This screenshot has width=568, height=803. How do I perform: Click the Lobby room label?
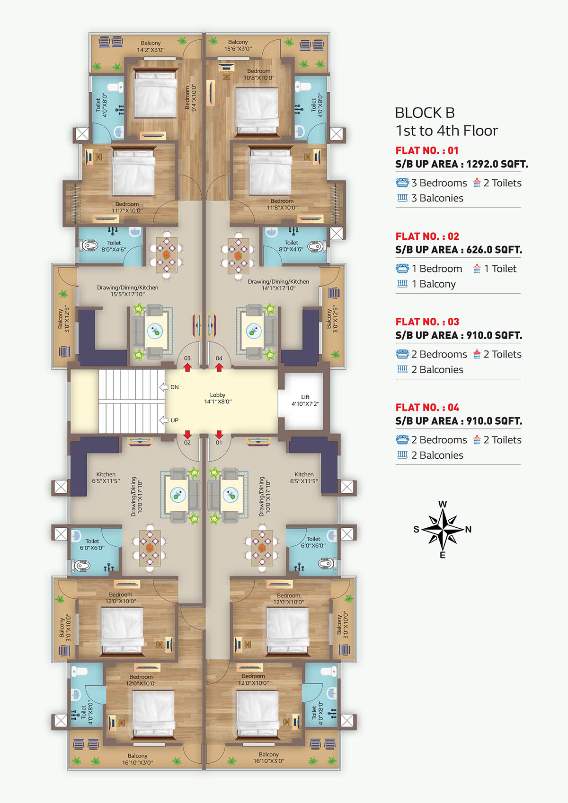click(x=218, y=398)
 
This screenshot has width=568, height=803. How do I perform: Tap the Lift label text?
click(x=305, y=400)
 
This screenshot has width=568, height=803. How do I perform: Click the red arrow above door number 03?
click(x=187, y=367)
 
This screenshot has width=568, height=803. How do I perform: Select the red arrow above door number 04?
click(x=219, y=367)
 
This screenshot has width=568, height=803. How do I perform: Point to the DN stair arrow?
click(x=164, y=387)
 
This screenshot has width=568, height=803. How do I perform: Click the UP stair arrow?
click(x=164, y=420)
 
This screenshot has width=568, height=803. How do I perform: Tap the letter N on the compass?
click(x=468, y=529)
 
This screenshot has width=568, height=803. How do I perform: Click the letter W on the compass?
click(x=443, y=504)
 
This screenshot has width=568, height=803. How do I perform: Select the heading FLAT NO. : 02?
click(x=427, y=236)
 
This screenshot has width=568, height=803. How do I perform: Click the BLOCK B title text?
click(x=425, y=113)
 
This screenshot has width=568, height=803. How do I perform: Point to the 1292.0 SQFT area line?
click(x=462, y=164)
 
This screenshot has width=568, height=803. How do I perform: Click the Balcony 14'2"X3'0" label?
click(x=151, y=46)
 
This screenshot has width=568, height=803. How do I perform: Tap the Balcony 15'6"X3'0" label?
click(x=238, y=45)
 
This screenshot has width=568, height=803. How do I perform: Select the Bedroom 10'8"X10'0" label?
click(x=259, y=74)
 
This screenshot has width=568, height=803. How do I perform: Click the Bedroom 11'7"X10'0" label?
click(x=127, y=207)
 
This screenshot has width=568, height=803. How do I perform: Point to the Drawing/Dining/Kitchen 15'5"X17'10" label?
click(x=127, y=291)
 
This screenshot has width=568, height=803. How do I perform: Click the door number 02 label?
click(x=187, y=443)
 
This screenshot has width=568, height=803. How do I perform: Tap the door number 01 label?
click(x=219, y=443)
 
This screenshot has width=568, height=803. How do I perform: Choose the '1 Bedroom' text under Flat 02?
click(x=437, y=269)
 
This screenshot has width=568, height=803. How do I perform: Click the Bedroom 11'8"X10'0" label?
click(x=282, y=204)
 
